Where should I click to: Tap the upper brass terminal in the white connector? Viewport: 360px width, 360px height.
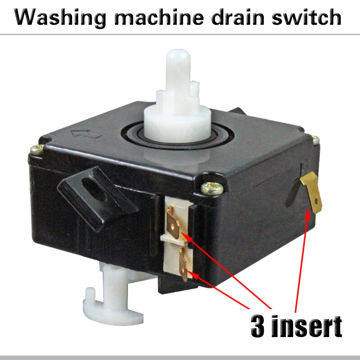pyautogui.click(x=174, y=224)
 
